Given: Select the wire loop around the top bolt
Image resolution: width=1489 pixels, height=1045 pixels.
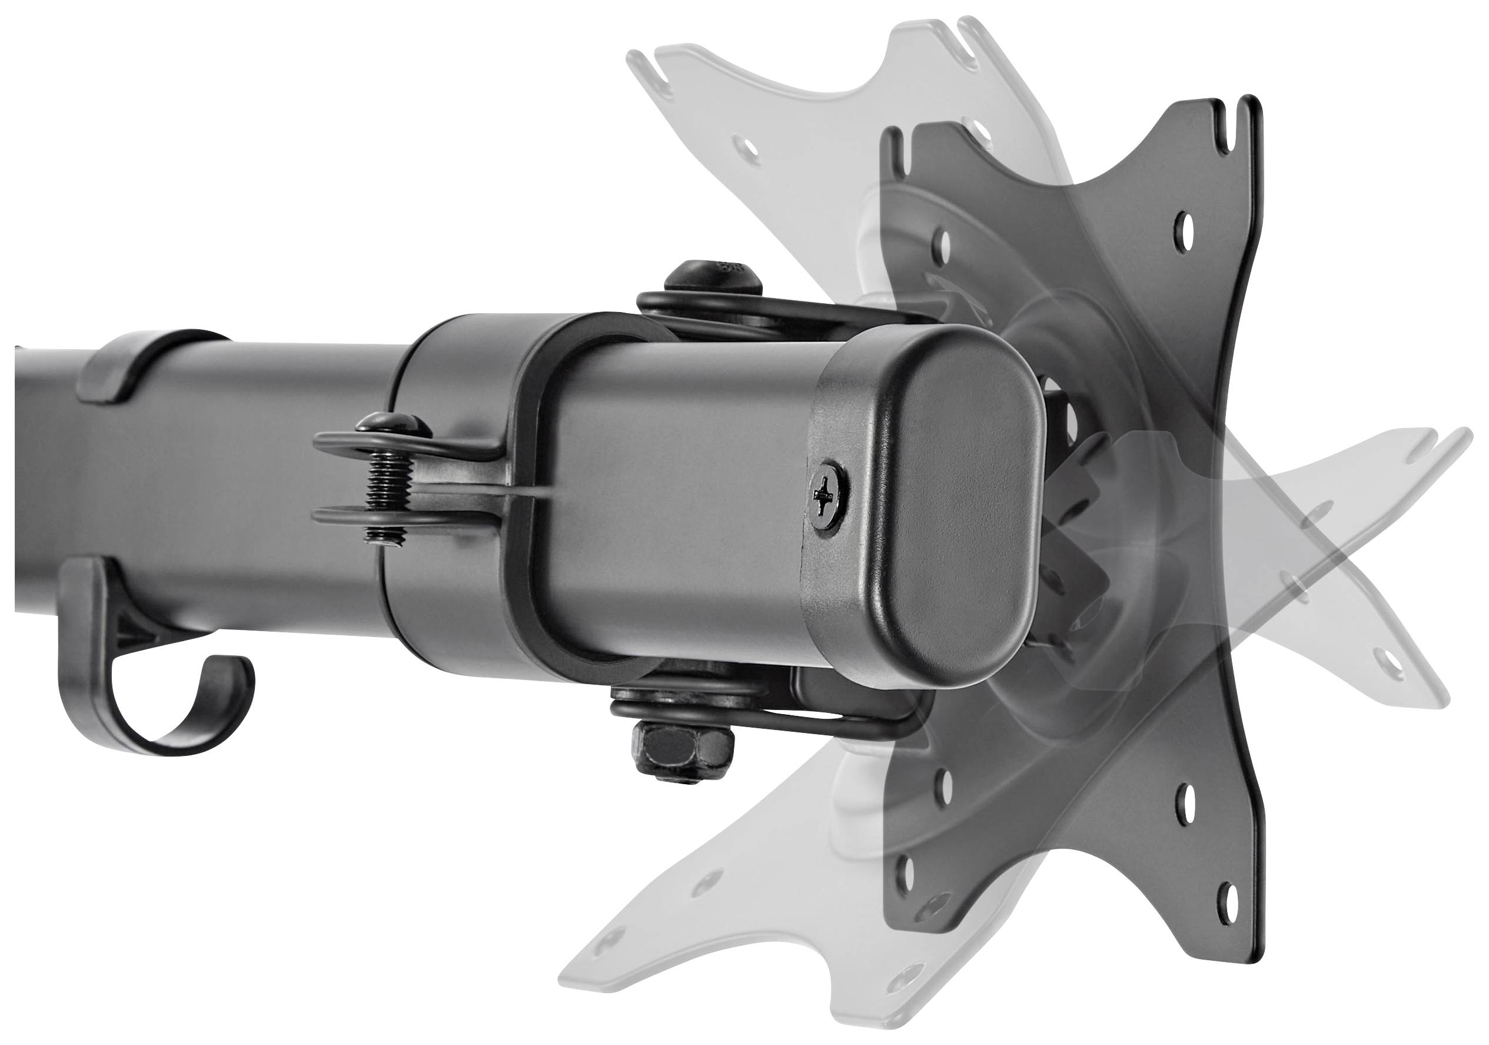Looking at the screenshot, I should pos(746,310).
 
